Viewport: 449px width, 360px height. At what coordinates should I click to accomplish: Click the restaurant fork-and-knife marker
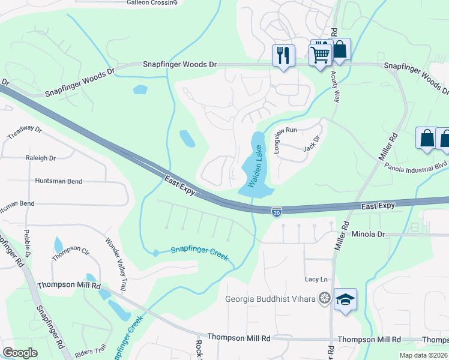click(283, 55)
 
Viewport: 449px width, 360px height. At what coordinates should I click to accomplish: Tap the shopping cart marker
click(320, 54)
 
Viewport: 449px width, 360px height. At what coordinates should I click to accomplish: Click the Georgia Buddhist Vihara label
click(270, 299)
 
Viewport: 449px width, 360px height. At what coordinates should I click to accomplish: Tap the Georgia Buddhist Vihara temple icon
click(325, 298)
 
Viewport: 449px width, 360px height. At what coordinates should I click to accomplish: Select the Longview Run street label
click(277, 140)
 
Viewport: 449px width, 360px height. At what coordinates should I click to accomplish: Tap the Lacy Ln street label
click(316, 279)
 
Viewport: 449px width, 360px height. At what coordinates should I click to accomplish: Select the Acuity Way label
click(335, 86)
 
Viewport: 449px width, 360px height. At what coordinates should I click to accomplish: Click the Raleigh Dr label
click(40, 158)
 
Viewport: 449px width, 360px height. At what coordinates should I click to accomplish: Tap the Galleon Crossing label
click(152, 2)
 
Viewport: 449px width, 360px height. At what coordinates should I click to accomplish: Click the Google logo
click(20, 353)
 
